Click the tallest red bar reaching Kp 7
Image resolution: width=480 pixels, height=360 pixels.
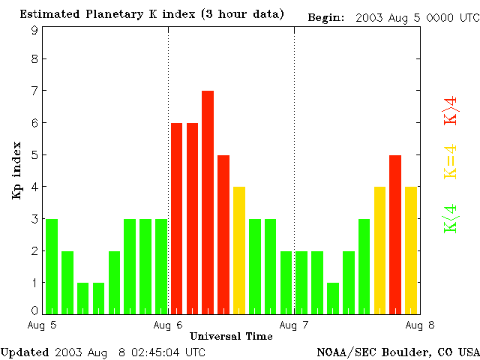[x=208, y=202]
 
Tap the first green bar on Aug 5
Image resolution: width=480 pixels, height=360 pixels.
[x=52, y=266]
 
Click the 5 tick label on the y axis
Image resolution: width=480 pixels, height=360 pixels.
[x=34, y=155]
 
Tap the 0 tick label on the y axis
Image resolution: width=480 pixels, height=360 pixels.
[x=34, y=310]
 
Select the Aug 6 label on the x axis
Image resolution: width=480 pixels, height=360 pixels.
[x=167, y=325]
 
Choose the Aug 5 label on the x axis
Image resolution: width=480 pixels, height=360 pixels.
[x=42, y=325]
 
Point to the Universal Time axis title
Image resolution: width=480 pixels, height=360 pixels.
[x=231, y=336]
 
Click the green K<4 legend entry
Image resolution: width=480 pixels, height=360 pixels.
[x=451, y=219]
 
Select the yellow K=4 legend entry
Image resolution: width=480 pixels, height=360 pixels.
[x=451, y=161]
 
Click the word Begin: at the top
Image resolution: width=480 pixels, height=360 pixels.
[x=326, y=17]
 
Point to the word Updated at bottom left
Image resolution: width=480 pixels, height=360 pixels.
[x=25, y=351]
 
